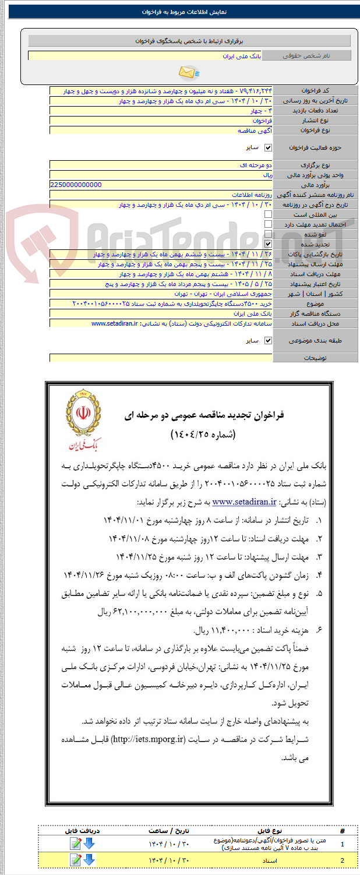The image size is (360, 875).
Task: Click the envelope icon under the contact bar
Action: point(189,72)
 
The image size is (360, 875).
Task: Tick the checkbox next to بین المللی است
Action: point(268,214)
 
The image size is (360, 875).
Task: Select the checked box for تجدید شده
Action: point(268,244)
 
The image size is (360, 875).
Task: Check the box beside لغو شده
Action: point(268,234)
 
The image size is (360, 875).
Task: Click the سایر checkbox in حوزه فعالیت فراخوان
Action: point(268,148)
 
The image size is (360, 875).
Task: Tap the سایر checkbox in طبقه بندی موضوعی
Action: point(268,340)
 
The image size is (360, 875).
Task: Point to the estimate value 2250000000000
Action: point(76,185)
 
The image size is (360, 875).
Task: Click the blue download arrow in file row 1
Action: point(89,844)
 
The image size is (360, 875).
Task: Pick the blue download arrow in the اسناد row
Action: point(89,860)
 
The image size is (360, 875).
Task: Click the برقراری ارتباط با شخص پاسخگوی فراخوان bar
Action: point(189,41)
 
